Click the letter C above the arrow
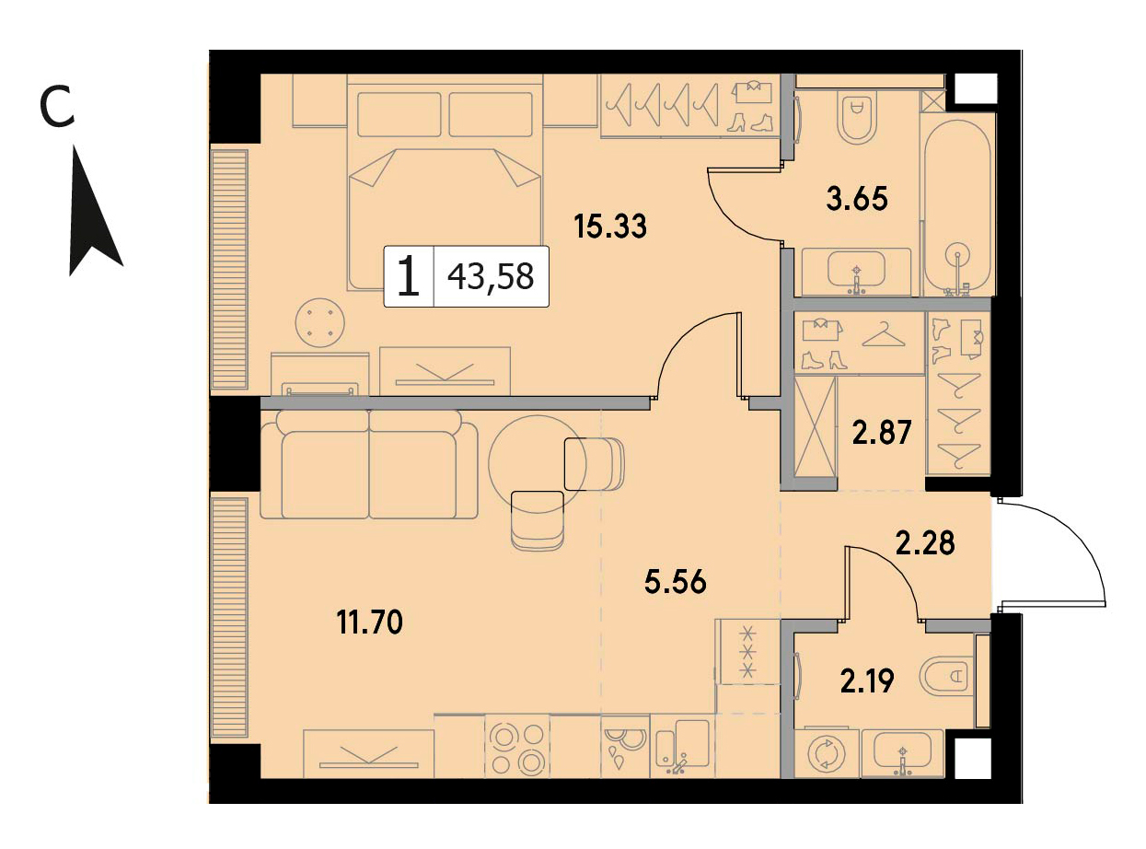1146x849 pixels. coord(57,109)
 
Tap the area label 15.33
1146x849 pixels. coord(610,227)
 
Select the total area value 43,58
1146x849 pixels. coord(491,276)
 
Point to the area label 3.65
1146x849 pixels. coord(857,199)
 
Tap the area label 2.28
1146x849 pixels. coord(925,543)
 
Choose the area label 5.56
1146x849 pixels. coord(676,582)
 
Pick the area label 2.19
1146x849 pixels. coord(866,680)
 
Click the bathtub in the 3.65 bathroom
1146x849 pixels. coord(957,208)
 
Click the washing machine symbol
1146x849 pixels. coord(826,754)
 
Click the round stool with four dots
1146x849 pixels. coord(319,323)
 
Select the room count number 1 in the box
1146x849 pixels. coord(408,277)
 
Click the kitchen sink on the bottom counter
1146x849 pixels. coord(682,745)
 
